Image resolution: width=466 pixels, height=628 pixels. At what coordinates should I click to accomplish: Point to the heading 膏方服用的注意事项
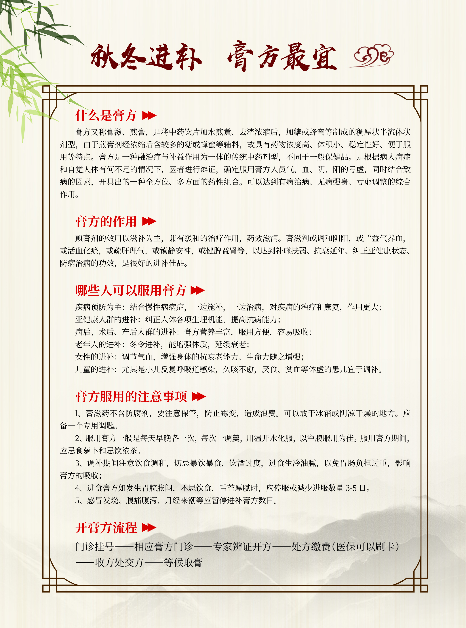point(131,396)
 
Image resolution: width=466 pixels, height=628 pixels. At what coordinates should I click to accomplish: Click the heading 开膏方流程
point(106,528)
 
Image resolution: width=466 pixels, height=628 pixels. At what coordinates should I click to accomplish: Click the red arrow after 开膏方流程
point(149,528)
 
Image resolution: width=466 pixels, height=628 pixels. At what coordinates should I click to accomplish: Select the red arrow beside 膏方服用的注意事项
point(199,396)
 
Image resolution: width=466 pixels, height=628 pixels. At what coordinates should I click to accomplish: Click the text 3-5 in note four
point(351,488)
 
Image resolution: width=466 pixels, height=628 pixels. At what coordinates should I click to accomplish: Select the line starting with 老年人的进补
point(162,344)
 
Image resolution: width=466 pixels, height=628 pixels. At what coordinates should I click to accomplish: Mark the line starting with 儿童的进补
point(229,369)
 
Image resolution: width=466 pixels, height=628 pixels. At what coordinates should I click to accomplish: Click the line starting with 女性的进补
point(189,357)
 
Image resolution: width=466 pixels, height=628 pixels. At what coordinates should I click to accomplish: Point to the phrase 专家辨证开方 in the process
point(242,547)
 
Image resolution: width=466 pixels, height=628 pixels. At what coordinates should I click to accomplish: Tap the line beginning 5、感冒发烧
point(176,500)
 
